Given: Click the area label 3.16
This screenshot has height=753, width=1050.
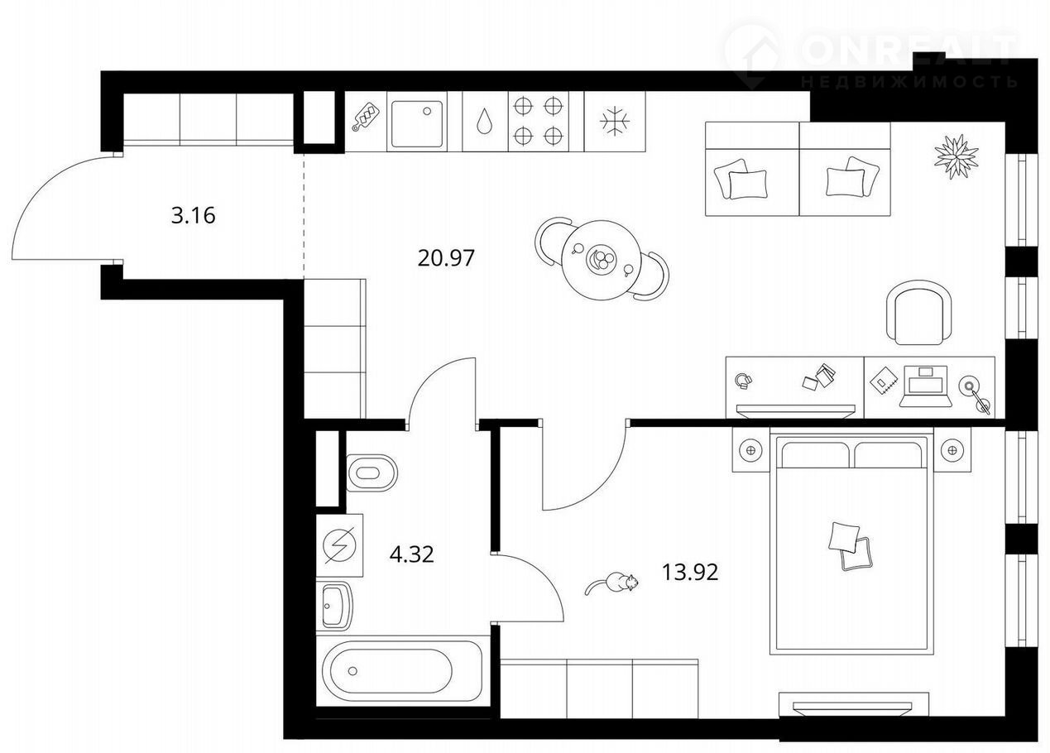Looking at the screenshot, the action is click(193, 216).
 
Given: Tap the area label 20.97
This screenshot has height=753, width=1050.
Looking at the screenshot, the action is click(446, 258).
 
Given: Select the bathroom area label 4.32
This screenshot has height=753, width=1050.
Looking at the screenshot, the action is click(411, 554).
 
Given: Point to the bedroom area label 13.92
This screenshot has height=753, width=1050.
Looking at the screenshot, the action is click(690, 573).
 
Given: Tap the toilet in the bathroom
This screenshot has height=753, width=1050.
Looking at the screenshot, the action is click(372, 472).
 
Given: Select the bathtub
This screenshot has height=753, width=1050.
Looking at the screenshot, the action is click(399, 671).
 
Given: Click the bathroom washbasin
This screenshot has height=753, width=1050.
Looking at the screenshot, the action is click(333, 607).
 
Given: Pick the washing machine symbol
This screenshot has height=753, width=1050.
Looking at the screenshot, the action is click(340, 545).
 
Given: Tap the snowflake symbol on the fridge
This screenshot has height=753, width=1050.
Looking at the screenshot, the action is click(615, 122).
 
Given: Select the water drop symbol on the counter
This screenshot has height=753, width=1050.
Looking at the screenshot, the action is click(485, 122).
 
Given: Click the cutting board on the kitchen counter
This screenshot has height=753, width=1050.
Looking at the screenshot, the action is click(365, 117).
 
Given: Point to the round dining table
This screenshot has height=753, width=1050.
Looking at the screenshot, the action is click(602, 260).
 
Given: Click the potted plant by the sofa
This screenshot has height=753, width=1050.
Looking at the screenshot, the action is click(957, 156).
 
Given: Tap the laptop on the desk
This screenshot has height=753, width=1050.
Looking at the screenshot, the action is click(926, 386).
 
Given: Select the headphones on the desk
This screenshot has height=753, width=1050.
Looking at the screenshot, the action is click(743, 381).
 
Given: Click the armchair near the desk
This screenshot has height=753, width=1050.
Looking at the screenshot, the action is click(919, 312).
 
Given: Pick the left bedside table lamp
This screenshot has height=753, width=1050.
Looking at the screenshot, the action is click(750, 451).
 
